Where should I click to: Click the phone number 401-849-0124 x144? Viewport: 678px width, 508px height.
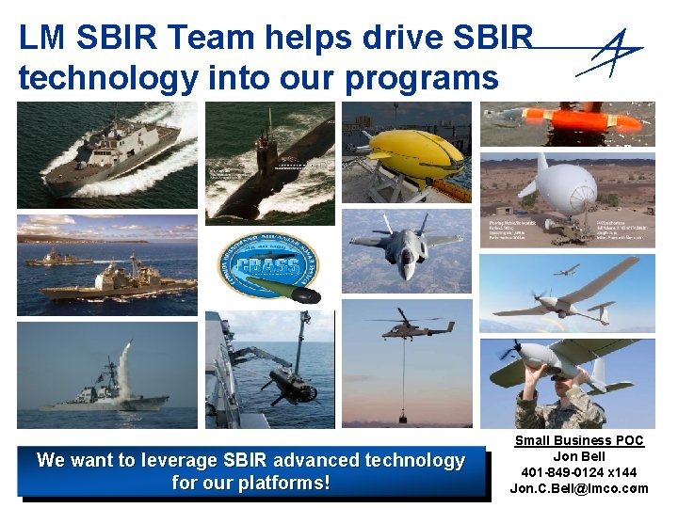(x=579, y=472)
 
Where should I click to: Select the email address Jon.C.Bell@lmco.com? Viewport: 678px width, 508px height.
(x=579, y=488)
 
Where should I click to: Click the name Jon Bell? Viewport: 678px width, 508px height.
(x=579, y=456)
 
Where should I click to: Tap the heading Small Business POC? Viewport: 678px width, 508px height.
(x=579, y=440)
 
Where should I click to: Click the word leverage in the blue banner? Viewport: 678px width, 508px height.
(x=179, y=461)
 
